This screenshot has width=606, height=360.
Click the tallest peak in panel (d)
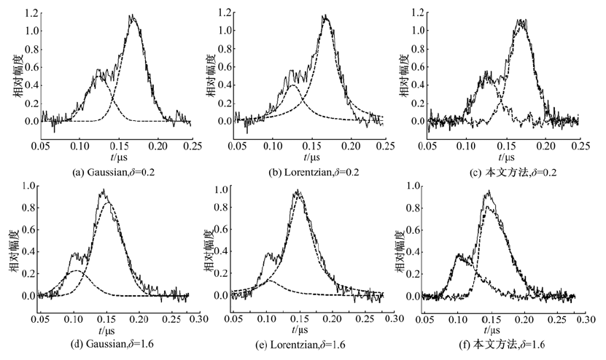tap(104, 190)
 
